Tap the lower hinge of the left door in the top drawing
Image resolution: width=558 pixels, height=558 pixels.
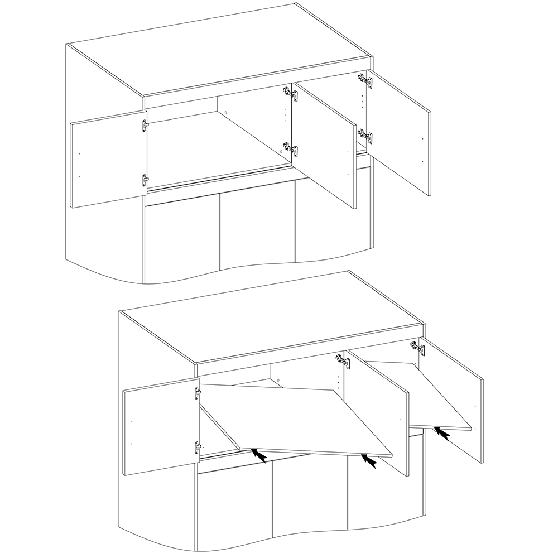pyautogui.click(x=145, y=181)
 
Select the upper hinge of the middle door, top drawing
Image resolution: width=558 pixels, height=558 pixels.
pyautogui.click(x=290, y=93)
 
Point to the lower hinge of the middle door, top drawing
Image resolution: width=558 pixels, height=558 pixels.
pyautogui.click(x=290, y=148)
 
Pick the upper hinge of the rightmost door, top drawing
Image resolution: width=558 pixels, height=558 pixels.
pyautogui.click(x=365, y=81)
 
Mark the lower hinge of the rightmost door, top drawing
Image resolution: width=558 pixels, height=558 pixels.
pyautogui.click(x=365, y=136)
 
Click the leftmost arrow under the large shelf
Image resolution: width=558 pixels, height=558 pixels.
pyautogui.click(x=258, y=455)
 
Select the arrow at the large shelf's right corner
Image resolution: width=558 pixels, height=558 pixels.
pyautogui.click(x=369, y=461)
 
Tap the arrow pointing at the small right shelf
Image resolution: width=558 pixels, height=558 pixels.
pyautogui.click(x=442, y=433)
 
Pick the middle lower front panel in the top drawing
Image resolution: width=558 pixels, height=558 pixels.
pyautogui.click(x=257, y=229)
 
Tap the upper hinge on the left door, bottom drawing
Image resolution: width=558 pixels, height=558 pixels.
pyautogui.click(x=197, y=393)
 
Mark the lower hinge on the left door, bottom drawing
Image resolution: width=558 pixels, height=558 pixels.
pyautogui.click(x=197, y=446)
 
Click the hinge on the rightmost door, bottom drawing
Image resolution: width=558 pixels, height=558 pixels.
pyautogui.click(x=417, y=347)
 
